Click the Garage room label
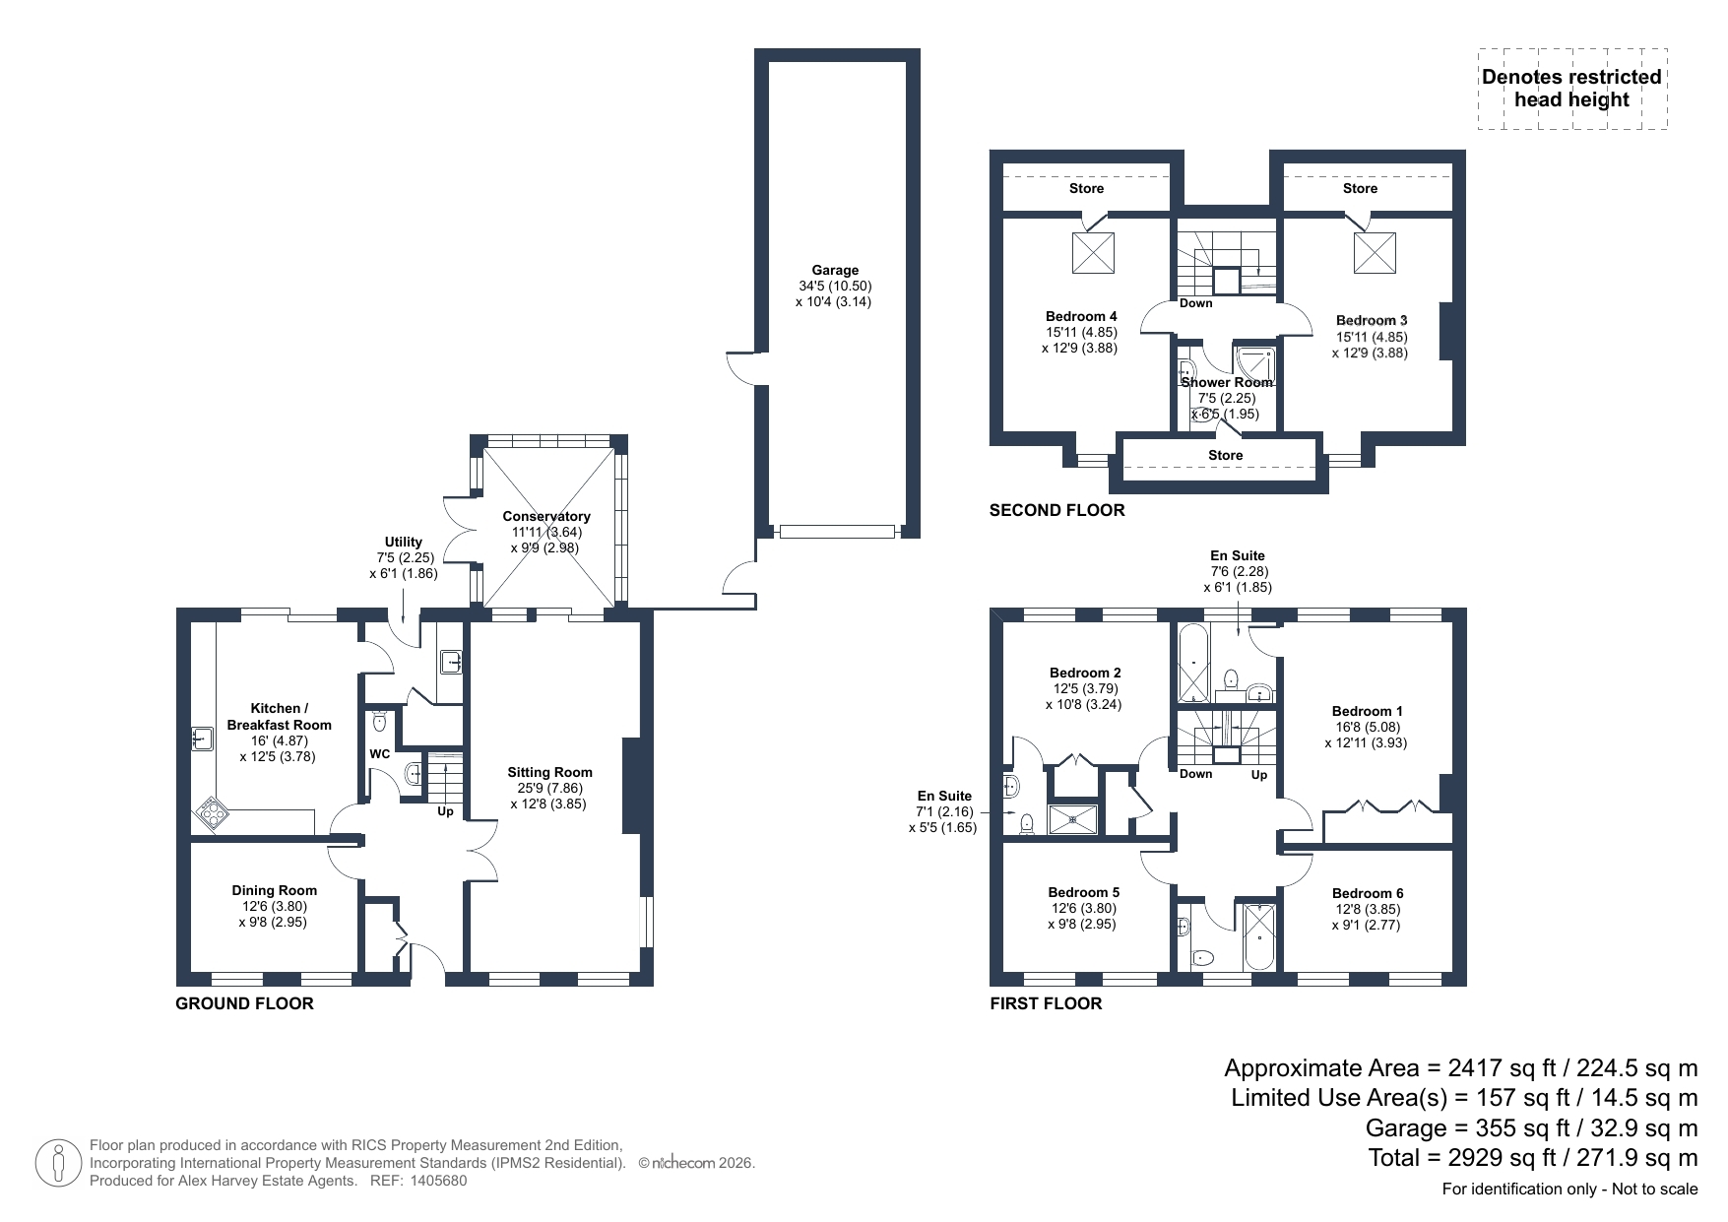coord(835,270)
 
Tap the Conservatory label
coord(546,516)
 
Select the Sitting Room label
coord(550,772)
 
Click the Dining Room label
coord(275,890)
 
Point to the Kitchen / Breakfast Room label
coord(279,716)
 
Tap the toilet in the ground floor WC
coord(380,722)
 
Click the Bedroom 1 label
coord(1368,711)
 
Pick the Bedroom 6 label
coord(1369,893)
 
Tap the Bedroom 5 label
coord(1084,892)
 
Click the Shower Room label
coord(1227,382)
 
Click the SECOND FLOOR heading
coord(1056,510)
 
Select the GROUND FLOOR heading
coord(244,1003)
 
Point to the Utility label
coord(404,542)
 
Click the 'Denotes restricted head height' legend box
coord(1572,89)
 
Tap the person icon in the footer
coord(57,1162)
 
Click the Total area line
coord(1533,1157)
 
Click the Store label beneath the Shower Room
coord(1226,455)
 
